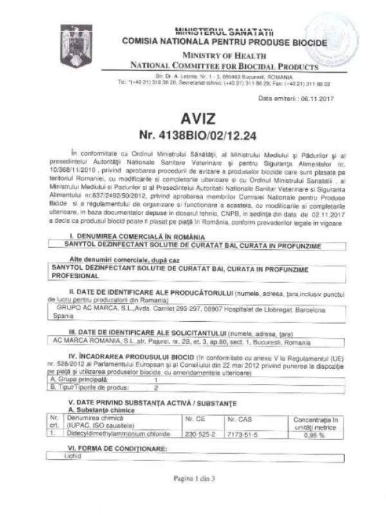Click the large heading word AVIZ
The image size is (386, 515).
click(192, 120)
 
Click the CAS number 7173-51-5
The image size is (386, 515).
click(243, 435)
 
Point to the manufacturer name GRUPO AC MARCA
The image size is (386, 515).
click(82, 308)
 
